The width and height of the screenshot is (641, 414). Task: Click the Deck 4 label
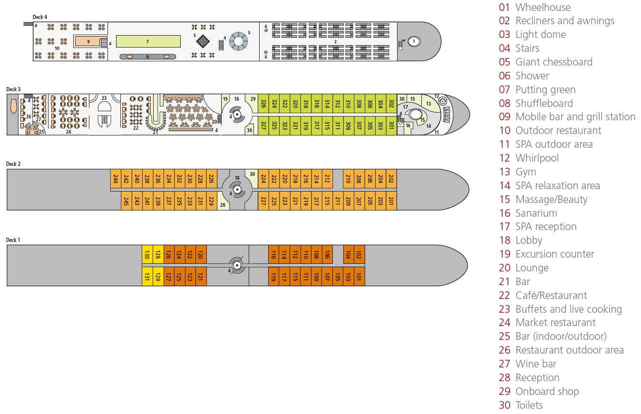pos(39,17)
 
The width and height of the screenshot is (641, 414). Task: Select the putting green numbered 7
pos(148,41)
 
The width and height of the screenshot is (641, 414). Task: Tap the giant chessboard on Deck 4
pos(203,41)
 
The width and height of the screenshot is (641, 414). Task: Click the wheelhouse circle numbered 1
pos(414,41)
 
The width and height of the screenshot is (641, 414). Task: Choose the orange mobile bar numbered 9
pos(88,41)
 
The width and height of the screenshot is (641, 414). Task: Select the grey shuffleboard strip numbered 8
pos(147,57)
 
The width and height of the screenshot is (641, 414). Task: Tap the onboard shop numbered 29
pos(253,99)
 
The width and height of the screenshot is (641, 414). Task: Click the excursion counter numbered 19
pos(226,99)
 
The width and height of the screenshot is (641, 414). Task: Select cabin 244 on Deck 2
pos(116,179)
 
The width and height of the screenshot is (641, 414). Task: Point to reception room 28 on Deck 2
pos(223,205)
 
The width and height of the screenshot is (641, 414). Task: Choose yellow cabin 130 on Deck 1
pos(147,255)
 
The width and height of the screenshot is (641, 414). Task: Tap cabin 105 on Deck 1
pos(338,277)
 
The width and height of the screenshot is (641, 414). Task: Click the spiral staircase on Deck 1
pos(236,264)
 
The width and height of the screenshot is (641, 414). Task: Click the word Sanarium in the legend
pos(536,213)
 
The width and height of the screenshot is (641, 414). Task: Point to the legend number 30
pos(505,405)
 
